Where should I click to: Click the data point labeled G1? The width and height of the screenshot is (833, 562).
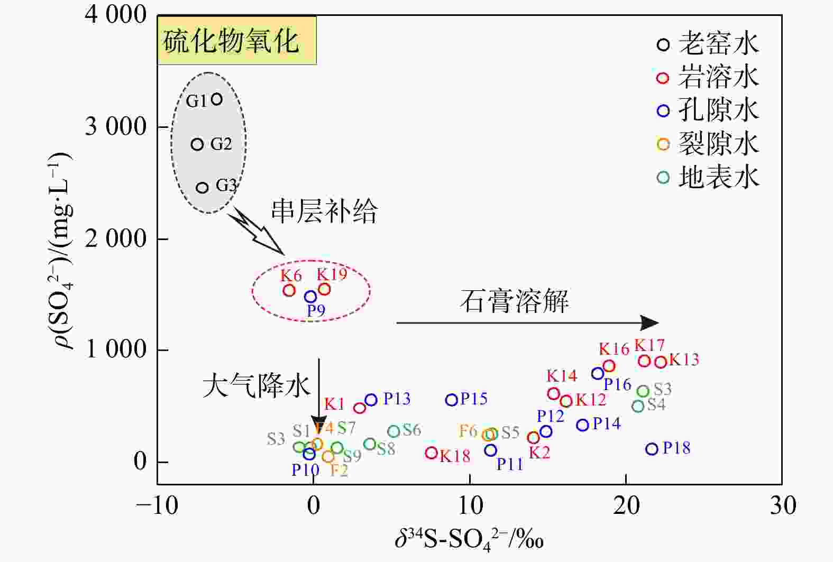[216, 99]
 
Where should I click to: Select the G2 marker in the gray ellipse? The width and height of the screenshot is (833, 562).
[197, 144]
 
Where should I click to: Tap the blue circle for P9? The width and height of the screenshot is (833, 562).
[310, 297]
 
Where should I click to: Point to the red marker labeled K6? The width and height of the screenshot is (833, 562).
[289, 290]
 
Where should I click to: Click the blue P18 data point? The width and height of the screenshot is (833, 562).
[652, 449]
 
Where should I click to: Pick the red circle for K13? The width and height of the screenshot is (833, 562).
[660, 362]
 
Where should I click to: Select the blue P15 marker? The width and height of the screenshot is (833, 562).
[451, 400]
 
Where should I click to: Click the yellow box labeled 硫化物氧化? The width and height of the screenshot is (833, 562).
[236, 41]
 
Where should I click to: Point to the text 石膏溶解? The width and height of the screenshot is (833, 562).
[514, 301]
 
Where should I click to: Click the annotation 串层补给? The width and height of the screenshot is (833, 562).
[324, 211]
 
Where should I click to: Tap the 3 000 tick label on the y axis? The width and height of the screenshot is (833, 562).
[116, 127]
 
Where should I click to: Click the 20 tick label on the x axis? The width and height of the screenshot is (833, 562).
[626, 506]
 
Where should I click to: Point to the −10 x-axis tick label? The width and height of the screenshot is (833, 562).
[157, 506]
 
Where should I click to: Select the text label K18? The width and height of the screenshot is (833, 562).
[455, 456]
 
